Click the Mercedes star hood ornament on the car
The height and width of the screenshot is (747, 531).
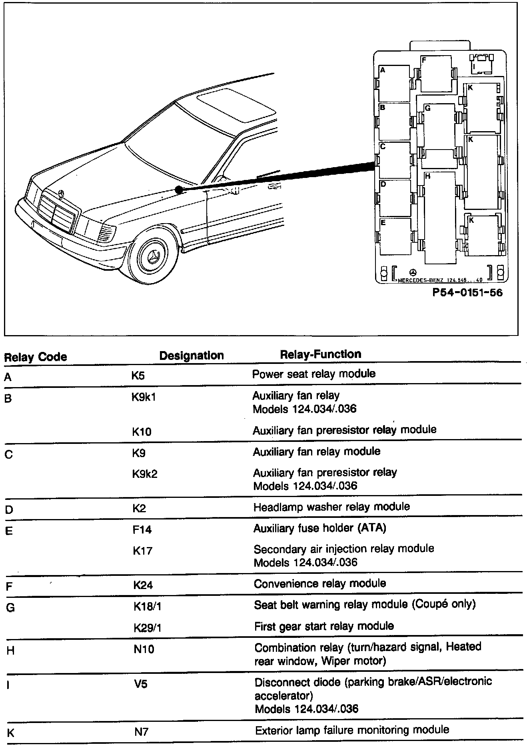(x=61, y=194)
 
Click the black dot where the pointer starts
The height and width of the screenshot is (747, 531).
(x=179, y=190)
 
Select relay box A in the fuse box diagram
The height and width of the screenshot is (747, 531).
(x=394, y=84)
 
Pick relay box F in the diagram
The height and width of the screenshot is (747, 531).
(x=436, y=74)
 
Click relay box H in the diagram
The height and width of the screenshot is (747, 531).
(x=440, y=218)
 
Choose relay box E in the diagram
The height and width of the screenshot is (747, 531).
(x=395, y=237)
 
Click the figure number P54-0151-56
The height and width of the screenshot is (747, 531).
(x=467, y=293)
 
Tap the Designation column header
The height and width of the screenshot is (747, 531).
(x=192, y=356)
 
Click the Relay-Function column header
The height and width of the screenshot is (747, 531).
(x=321, y=354)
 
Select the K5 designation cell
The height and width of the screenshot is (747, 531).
(x=138, y=376)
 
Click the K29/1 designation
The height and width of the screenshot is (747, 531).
(x=147, y=628)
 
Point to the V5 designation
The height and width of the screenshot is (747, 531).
(x=140, y=684)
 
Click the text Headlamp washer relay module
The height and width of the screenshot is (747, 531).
(x=331, y=507)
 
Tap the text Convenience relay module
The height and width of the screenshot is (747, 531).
(x=320, y=583)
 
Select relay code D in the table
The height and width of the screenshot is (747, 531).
(x=9, y=510)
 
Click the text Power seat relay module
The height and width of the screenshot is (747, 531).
(x=314, y=374)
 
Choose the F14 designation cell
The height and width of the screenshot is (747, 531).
(x=142, y=530)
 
